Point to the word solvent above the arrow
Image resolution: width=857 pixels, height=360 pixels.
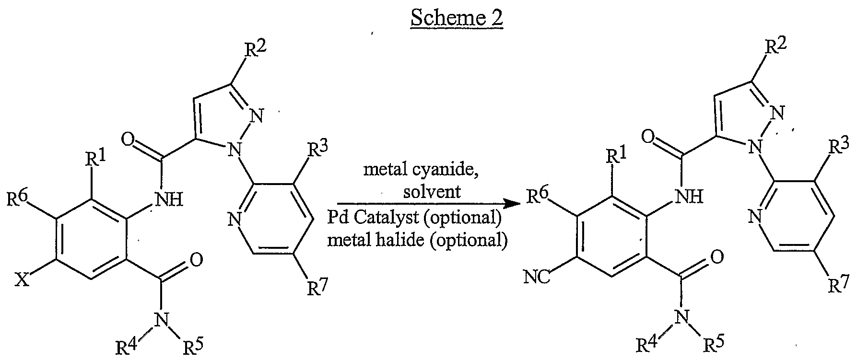(432, 192)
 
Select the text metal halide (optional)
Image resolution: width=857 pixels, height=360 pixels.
(417, 240)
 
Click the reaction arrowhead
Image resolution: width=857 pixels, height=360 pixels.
(515, 204)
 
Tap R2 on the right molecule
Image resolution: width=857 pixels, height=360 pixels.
(775, 47)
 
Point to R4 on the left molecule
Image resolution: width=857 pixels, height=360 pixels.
(127, 348)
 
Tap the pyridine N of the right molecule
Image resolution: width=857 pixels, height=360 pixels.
(756, 217)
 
